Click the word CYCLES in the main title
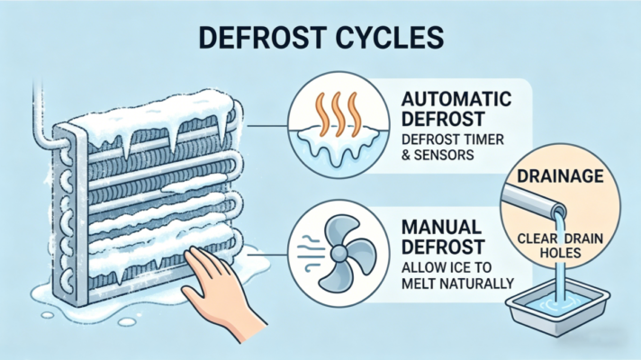(390, 38)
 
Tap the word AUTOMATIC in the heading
(456, 99)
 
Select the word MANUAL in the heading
(441, 227)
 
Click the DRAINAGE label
(560, 175)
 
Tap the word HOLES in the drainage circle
(560, 253)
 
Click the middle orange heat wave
(338, 114)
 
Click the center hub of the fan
(339, 253)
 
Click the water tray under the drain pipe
(557, 310)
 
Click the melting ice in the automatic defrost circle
(338, 144)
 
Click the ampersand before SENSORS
(405, 156)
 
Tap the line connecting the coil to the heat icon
(267, 126)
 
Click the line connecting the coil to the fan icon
(267, 254)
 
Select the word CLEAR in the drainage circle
(536, 238)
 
